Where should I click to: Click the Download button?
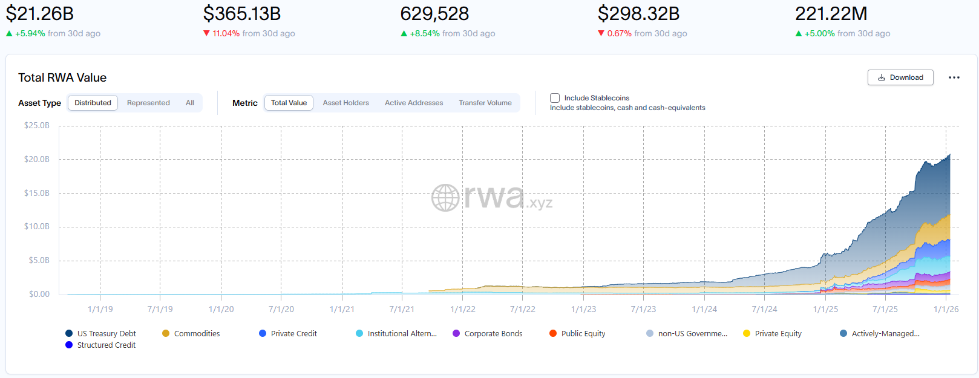click(900, 77)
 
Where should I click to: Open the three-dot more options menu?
click(954, 77)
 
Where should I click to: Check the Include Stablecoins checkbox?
click(555, 98)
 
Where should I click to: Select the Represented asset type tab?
click(148, 103)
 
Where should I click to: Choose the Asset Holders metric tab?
click(345, 103)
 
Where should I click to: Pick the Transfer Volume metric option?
click(485, 103)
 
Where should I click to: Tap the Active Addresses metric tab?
click(414, 103)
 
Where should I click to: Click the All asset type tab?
click(190, 103)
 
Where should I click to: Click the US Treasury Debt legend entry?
click(106, 334)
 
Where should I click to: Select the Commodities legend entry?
click(197, 334)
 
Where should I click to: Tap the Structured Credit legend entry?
click(106, 345)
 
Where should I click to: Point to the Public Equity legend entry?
click(583, 334)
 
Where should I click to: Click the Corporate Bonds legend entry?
click(493, 334)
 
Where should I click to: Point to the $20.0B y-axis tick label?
click(37, 159)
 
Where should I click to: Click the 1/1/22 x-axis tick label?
click(463, 309)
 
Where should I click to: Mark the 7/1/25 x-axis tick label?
click(885, 309)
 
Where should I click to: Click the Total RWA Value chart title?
click(62, 77)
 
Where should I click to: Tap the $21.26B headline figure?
click(40, 13)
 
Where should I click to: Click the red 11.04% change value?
click(226, 34)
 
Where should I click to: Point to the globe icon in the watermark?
click(445, 198)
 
